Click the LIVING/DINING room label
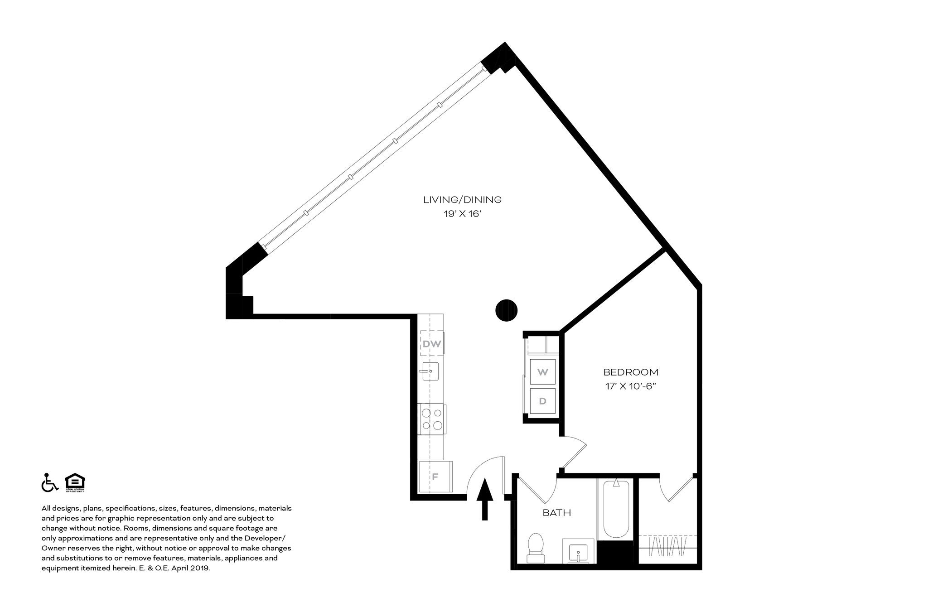point(462,200)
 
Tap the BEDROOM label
point(631,372)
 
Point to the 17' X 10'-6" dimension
point(631,386)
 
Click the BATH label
point(557,513)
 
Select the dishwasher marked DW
point(432,344)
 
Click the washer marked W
point(542,372)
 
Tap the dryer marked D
point(542,401)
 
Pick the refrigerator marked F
point(435,477)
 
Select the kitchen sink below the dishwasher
point(430,372)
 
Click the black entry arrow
point(485,498)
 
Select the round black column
point(506,310)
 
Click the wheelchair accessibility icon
point(49,482)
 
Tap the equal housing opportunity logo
point(75,482)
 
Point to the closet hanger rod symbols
point(667,546)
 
